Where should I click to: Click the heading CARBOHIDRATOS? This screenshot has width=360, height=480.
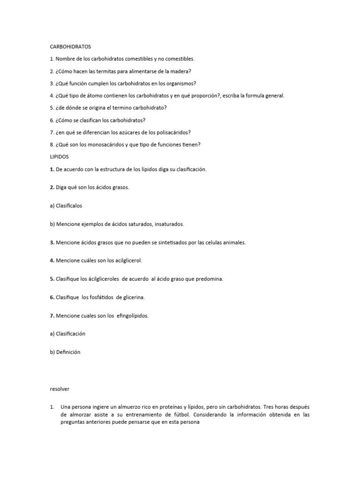[70, 47]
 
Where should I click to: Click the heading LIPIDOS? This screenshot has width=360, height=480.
[59, 157]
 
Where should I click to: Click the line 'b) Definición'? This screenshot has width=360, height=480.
[65, 352]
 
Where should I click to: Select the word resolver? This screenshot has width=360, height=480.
[60, 389]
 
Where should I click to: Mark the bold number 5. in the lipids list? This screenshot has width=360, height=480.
[52, 279]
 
